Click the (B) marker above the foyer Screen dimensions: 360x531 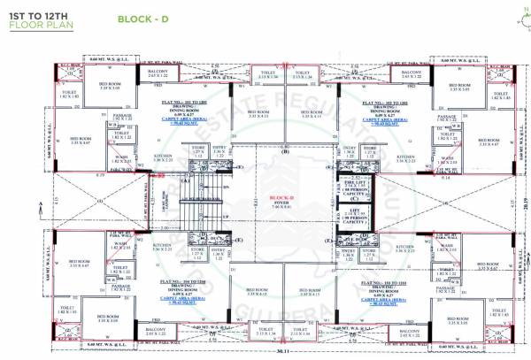coord(286,153)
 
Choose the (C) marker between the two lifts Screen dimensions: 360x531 coord(353,198)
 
